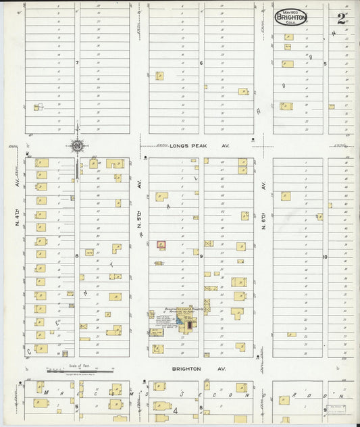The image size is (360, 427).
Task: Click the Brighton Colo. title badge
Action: (290, 17)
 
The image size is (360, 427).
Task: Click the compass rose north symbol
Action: (77, 145)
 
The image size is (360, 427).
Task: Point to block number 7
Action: (77, 63)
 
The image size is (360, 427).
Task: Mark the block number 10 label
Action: (325, 257)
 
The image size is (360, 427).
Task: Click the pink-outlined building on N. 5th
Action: (161, 245)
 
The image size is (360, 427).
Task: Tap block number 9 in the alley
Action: (201, 256)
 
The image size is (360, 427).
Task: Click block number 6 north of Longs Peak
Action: (201, 63)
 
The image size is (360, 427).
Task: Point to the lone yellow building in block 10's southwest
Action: (290, 334)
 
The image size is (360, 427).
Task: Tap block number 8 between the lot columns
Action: (77, 256)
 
